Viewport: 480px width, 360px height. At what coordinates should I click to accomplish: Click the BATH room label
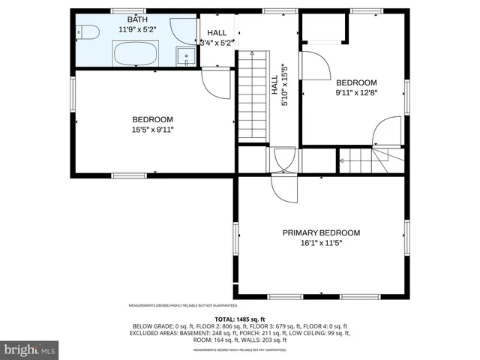[x=137, y=19]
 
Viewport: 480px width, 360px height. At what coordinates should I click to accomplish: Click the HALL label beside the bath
[x=217, y=33]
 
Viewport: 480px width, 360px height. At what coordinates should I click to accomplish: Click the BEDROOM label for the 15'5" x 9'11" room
[x=153, y=119]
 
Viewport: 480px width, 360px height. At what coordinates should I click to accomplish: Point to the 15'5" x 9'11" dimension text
[x=153, y=130]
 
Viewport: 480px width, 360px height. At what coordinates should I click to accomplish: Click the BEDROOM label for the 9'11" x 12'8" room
[x=356, y=82]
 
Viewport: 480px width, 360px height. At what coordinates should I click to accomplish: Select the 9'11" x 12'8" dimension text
[x=356, y=93]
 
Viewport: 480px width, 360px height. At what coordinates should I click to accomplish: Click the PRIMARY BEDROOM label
[x=321, y=232]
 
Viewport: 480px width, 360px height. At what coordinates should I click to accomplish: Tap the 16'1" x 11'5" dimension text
[x=321, y=243]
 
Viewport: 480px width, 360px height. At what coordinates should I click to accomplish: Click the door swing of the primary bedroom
[x=285, y=187]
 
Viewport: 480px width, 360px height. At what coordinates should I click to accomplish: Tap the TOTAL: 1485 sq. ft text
[x=240, y=319]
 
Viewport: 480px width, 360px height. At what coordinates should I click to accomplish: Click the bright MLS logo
[x=30, y=349]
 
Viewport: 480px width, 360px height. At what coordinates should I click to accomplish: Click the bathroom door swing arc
[x=181, y=30]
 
